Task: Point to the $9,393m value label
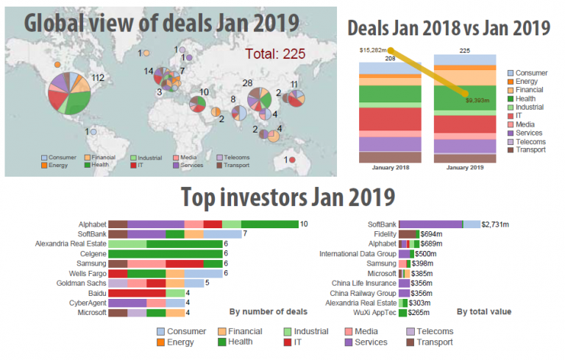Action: coord(478,101)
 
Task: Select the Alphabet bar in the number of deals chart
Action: coord(203,224)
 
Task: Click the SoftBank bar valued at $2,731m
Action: coord(438,224)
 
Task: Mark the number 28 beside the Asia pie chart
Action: coord(248,83)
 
